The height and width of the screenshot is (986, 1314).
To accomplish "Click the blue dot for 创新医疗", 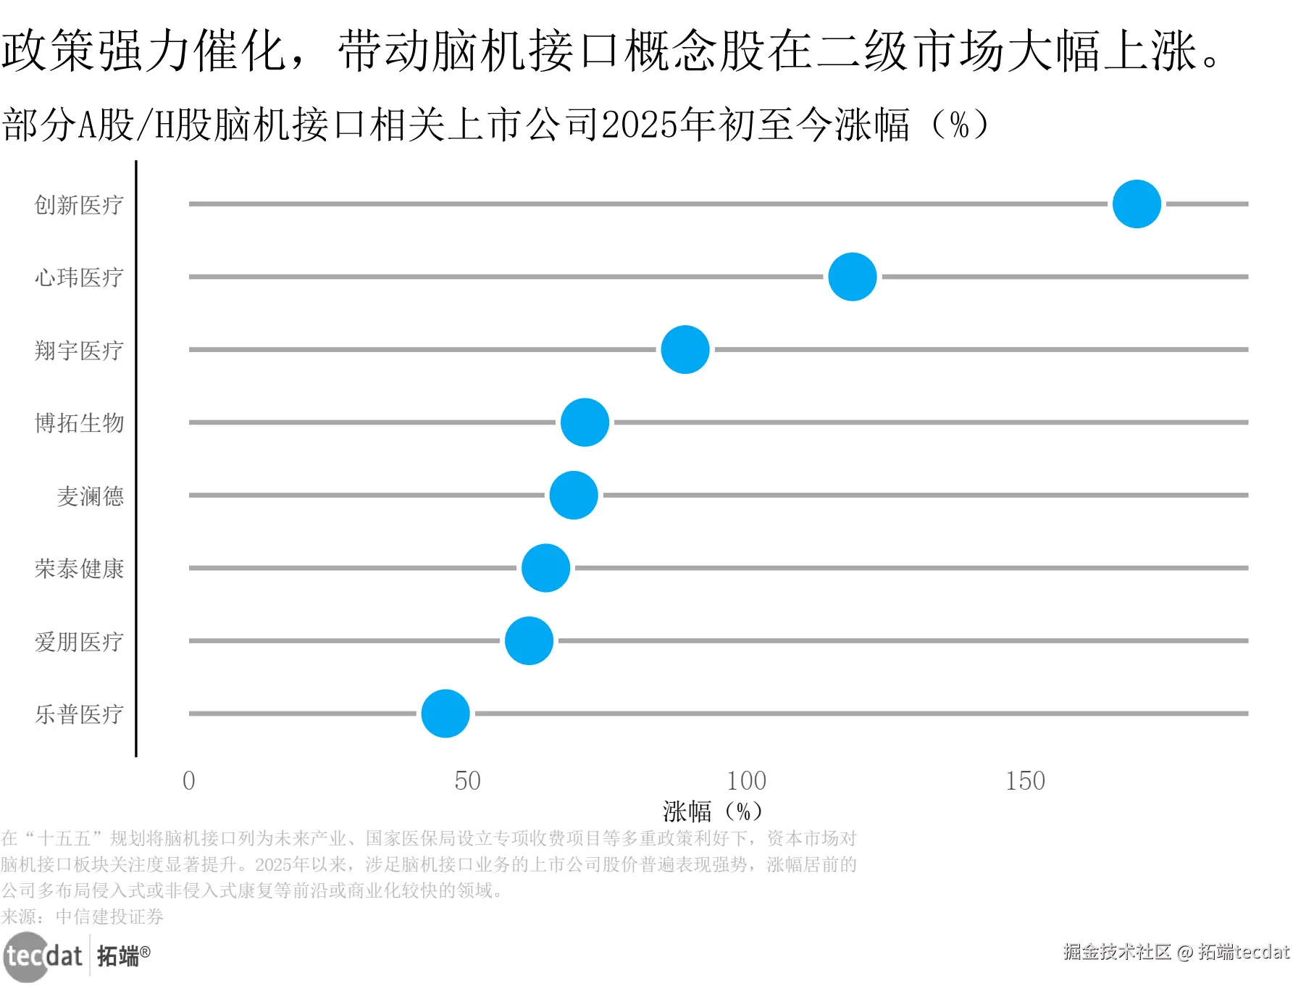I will click(x=1136, y=204).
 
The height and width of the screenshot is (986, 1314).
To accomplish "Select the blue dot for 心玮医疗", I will click(x=852, y=277).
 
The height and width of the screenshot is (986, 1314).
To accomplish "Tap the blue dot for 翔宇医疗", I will click(x=685, y=349).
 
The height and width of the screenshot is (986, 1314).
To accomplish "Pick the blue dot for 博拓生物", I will click(x=585, y=422).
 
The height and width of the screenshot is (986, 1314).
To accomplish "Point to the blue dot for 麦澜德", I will click(x=573, y=495).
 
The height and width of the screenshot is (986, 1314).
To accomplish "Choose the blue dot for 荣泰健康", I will click(x=545, y=568).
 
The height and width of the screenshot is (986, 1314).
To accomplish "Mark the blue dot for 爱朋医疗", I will click(x=529, y=640).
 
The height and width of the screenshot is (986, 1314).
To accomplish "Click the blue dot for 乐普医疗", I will click(x=445, y=714).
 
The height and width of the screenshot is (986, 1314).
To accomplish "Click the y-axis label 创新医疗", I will click(x=79, y=205).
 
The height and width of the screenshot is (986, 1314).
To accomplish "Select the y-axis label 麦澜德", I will click(x=91, y=496).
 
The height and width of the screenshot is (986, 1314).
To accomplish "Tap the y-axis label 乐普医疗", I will click(x=79, y=714).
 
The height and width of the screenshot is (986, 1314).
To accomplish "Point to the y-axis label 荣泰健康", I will click(x=79, y=569).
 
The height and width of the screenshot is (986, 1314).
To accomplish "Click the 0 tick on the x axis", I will click(x=189, y=781).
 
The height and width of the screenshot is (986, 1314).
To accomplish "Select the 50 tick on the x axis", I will click(x=467, y=781).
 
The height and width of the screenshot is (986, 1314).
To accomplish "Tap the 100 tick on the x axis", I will click(x=746, y=781).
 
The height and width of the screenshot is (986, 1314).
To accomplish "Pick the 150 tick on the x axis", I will click(x=1025, y=781).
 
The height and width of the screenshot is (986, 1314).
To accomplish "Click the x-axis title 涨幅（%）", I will click(x=712, y=811).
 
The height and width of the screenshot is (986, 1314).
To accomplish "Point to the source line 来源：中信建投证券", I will click(x=82, y=916).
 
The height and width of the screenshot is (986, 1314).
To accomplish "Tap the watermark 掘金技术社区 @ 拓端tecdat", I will click(x=1176, y=952).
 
